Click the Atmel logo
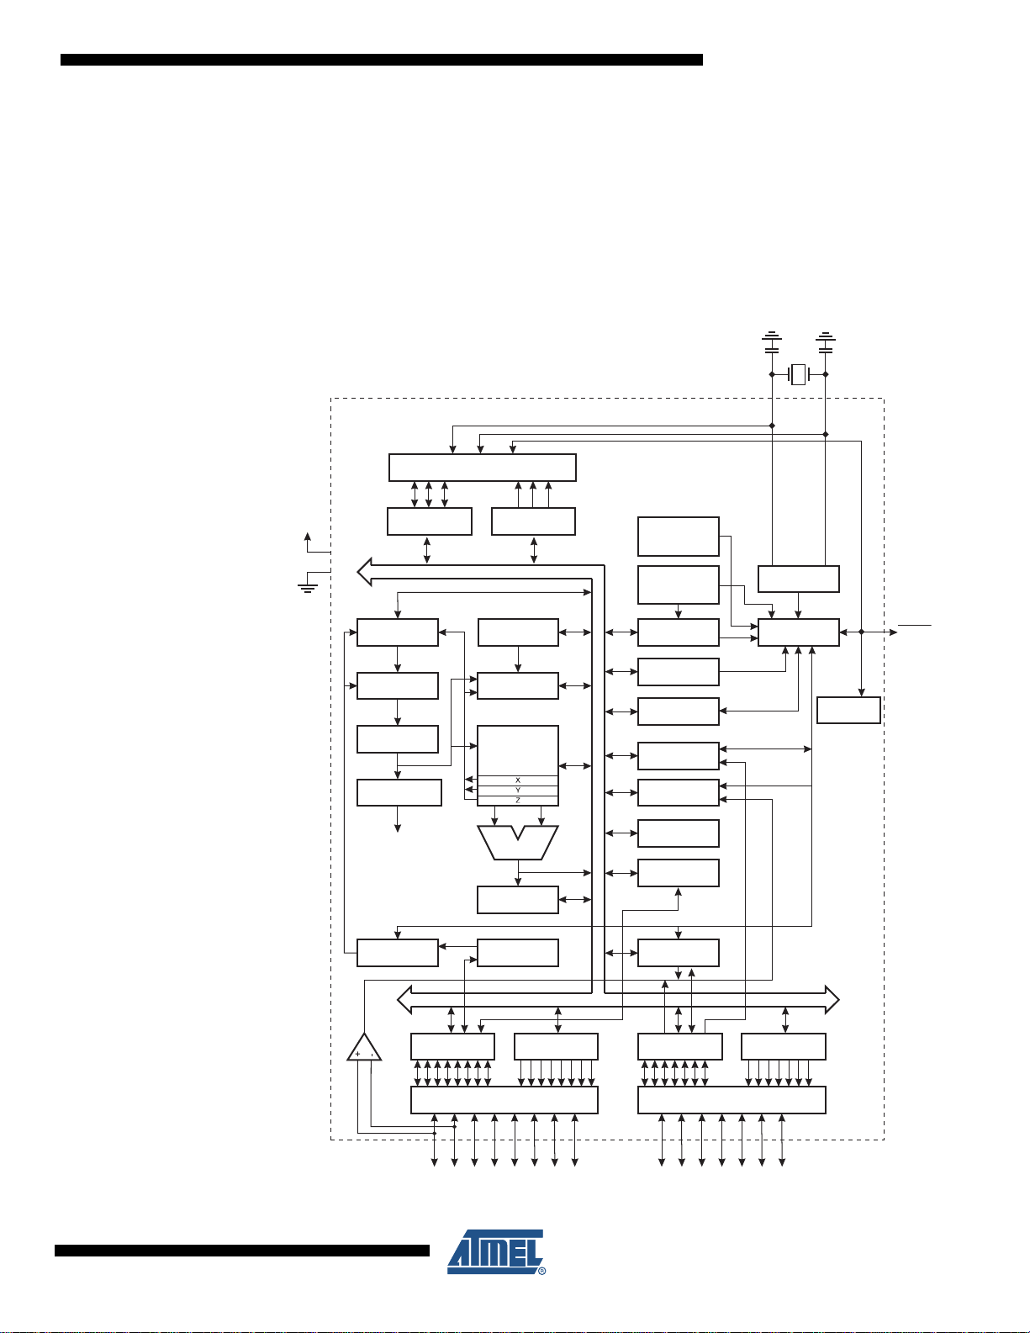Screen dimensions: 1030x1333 pyautogui.click(x=495, y=1251)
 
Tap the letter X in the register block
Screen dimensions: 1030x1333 pyautogui.click(x=517, y=780)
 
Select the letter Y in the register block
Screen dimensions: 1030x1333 pyautogui.click(x=517, y=790)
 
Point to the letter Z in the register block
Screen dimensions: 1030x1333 pyautogui.click(x=517, y=801)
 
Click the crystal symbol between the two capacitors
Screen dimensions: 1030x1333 pyautogui.click(x=798, y=374)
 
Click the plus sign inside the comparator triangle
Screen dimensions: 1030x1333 pyautogui.click(x=357, y=1054)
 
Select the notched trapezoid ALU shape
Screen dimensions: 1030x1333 pyautogui.click(x=517, y=842)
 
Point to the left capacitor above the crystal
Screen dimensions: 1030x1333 pyautogui.click(x=772, y=342)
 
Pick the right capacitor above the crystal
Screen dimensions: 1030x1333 pyautogui.click(x=826, y=342)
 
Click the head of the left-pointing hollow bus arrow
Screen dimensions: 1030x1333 pyautogui.click(x=364, y=572)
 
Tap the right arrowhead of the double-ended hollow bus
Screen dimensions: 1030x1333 pyautogui.click(x=832, y=1000)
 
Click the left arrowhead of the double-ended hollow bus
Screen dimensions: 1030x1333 pyautogui.click(x=404, y=1000)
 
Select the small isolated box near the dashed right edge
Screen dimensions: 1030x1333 pyautogui.click(x=848, y=711)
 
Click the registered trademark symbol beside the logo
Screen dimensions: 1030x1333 pyautogui.click(x=542, y=1272)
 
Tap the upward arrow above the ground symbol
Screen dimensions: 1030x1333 pyautogui.click(x=308, y=543)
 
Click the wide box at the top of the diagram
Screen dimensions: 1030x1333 pyautogui.click(x=483, y=468)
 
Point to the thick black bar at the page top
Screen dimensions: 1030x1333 pyautogui.click(x=382, y=60)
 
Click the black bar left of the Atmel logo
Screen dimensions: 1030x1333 pyautogui.click(x=242, y=1251)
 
